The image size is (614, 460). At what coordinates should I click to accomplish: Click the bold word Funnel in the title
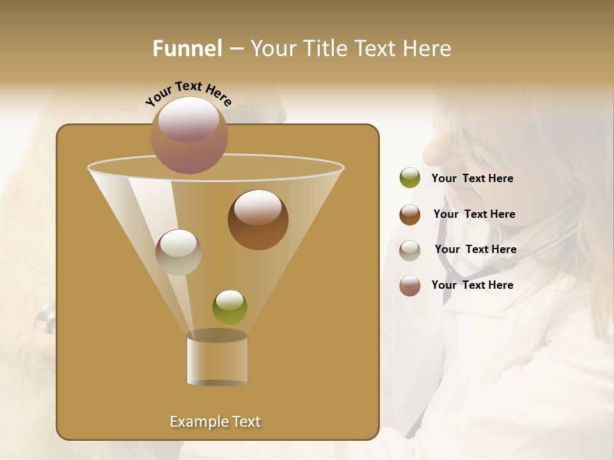(x=187, y=49)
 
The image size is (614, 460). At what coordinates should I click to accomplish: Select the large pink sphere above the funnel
(x=189, y=135)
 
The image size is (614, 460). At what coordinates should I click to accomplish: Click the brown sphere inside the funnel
(x=258, y=220)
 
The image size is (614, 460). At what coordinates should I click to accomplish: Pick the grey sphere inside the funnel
(x=178, y=252)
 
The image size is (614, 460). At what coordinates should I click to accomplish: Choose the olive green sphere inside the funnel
(x=230, y=307)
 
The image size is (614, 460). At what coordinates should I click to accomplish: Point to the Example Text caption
(x=215, y=422)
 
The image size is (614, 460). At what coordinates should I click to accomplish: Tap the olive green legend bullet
(x=410, y=178)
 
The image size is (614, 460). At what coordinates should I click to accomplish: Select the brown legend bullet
(x=410, y=215)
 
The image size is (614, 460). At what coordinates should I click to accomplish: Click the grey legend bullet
(x=410, y=250)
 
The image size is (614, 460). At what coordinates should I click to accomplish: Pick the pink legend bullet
(x=410, y=286)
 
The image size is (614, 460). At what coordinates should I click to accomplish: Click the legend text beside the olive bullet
(x=472, y=179)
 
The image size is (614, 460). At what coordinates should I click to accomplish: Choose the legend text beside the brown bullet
(x=474, y=215)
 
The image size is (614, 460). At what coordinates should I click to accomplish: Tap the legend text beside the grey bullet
(x=475, y=250)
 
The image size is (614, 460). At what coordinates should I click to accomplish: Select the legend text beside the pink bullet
(x=472, y=285)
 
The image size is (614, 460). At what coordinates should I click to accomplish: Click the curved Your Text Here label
(x=188, y=93)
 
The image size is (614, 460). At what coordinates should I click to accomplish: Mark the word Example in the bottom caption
(x=198, y=422)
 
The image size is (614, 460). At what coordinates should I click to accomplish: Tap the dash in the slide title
(x=235, y=49)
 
